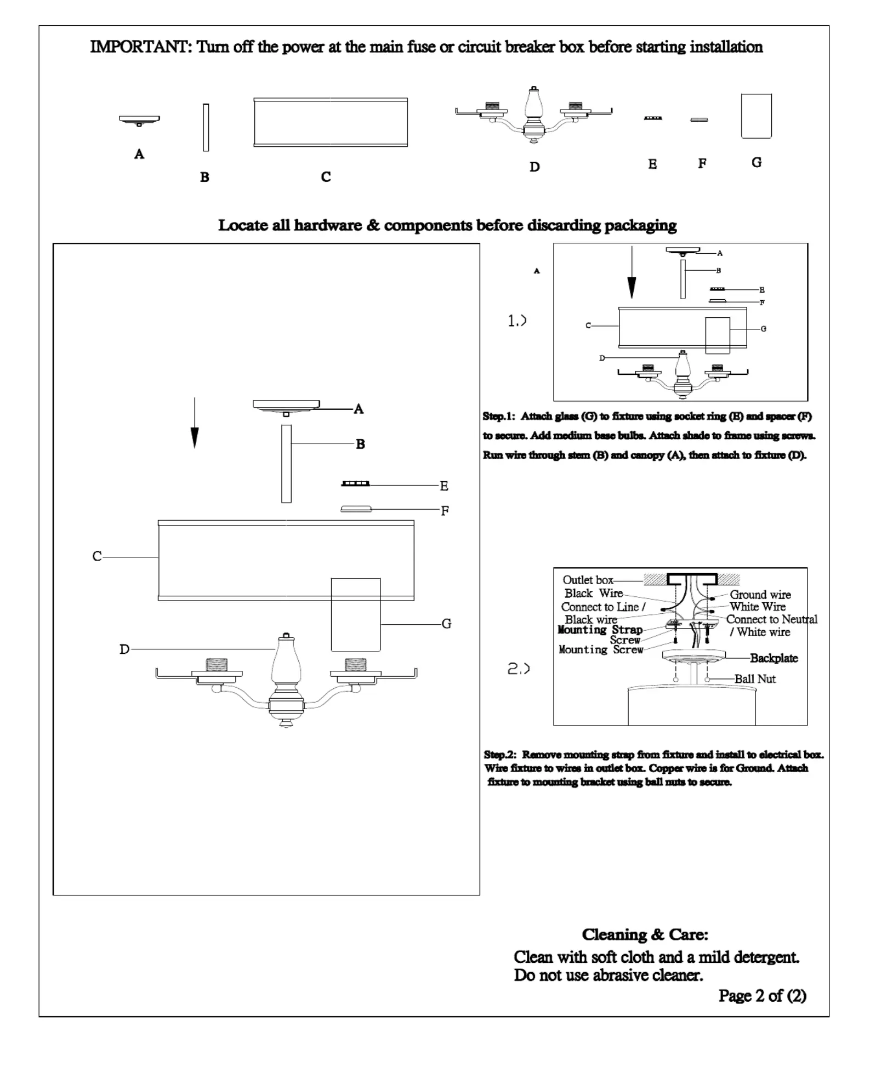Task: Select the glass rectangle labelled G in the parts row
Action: click(756, 116)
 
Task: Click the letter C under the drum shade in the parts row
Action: click(326, 177)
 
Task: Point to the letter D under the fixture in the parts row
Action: click(534, 167)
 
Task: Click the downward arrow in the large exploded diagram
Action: click(195, 423)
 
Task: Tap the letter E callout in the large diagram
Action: click(444, 486)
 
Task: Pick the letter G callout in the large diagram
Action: click(446, 624)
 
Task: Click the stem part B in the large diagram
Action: click(286, 464)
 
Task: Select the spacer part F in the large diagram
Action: click(356, 509)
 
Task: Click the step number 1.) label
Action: click(517, 321)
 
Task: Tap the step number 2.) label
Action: click(518, 669)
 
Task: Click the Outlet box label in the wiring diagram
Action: click(588, 580)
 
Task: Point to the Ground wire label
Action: click(760, 595)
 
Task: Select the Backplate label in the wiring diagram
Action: click(774, 658)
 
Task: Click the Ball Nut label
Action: click(755, 679)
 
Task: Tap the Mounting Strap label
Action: click(600, 630)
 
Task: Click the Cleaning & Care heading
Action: click(645, 934)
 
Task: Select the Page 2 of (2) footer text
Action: click(763, 996)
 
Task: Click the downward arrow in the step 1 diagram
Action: click(632, 272)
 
